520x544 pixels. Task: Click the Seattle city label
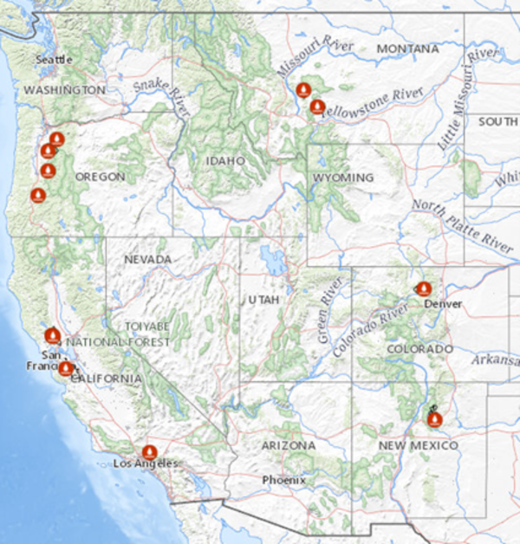(54, 59)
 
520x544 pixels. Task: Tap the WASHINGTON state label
(64, 90)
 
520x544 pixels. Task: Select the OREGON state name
(100, 177)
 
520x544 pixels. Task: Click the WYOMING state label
(343, 178)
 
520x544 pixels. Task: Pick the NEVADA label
(147, 259)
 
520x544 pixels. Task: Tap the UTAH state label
(263, 299)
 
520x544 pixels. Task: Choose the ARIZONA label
(289, 444)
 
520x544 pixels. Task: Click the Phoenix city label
(285, 479)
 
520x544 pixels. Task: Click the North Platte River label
(462, 224)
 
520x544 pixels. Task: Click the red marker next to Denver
(424, 288)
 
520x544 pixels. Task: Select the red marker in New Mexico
(434, 419)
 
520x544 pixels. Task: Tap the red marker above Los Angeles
(149, 452)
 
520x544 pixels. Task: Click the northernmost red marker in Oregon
(56, 139)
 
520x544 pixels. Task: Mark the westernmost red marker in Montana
(303, 89)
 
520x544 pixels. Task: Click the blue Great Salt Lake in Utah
(274, 260)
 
